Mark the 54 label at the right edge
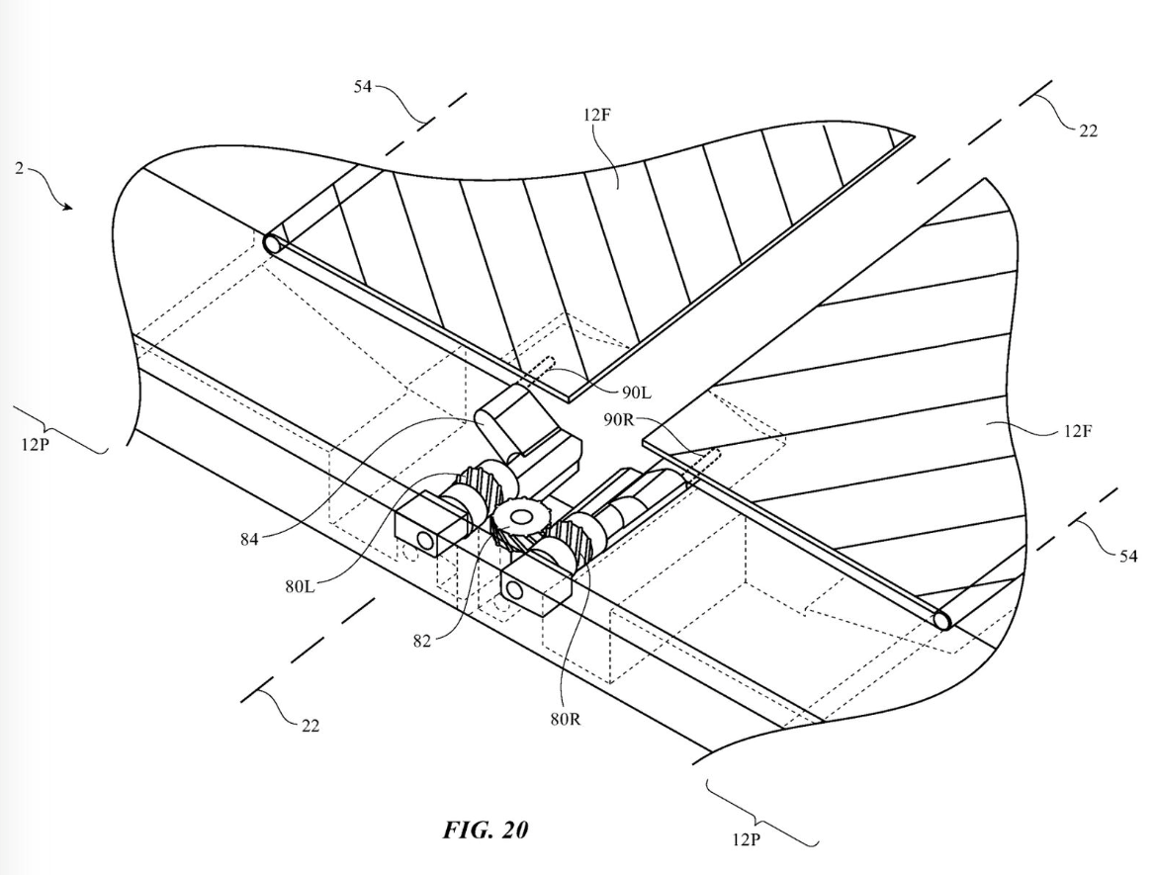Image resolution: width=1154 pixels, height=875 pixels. tap(1127, 557)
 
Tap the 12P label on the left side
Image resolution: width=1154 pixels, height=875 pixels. tap(35, 442)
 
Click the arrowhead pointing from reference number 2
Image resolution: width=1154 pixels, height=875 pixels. tap(68, 207)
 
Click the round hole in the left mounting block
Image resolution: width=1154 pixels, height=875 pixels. tap(426, 539)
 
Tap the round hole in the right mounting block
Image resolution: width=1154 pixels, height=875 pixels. tap(513, 590)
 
